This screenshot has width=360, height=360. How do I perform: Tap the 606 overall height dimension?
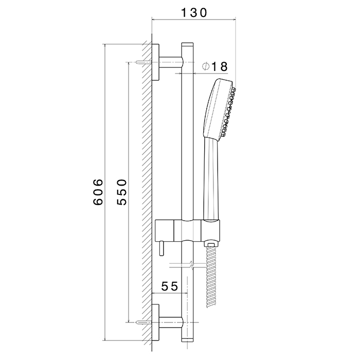click(x=98, y=192)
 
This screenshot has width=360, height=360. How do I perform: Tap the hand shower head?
click(x=219, y=108)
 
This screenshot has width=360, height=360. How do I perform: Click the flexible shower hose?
click(x=211, y=278)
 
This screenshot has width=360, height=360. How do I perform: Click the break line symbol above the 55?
click(x=191, y=266)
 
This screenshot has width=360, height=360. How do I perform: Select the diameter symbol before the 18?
click(x=205, y=66)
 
